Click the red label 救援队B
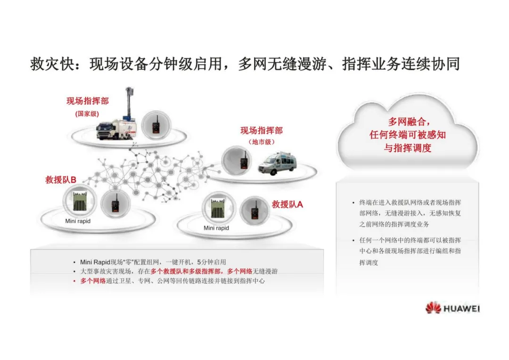coord(61,180)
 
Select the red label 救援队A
coord(287,204)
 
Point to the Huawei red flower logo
coord(433,308)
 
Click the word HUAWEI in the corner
coord(461,309)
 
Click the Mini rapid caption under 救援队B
coord(78,221)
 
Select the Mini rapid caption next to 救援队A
coord(216,228)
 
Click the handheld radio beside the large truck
coord(156,127)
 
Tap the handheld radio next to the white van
coord(244,160)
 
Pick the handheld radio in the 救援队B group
coord(114,205)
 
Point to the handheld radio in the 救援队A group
coord(254,210)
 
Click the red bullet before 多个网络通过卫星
coord(74,281)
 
